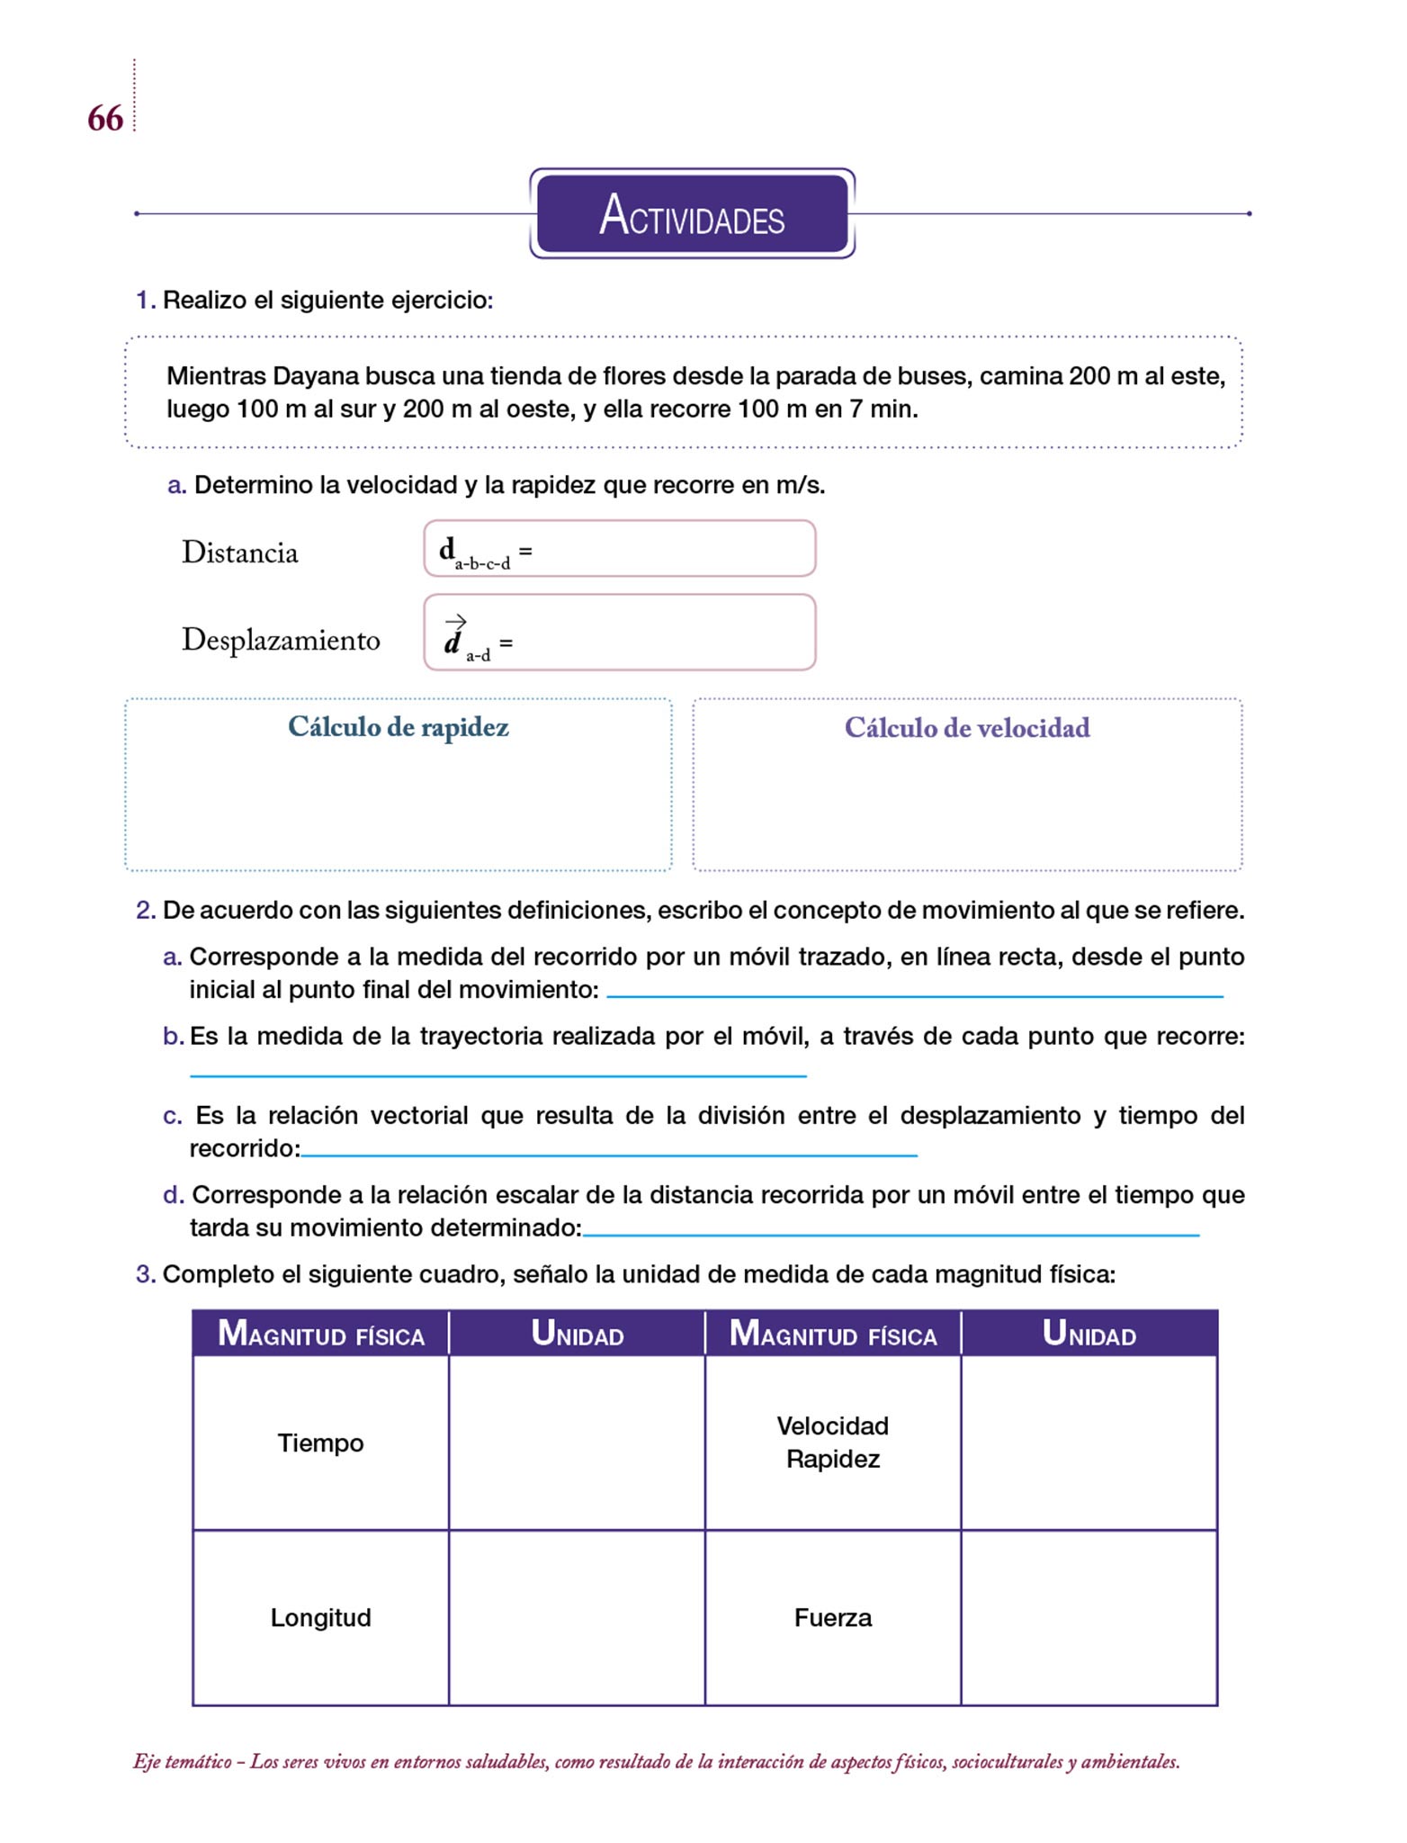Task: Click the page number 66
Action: pos(105,119)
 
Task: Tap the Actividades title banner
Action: pos(692,214)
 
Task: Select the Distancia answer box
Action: pos(620,548)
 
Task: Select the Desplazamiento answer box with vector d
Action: pos(620,633)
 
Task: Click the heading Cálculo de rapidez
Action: pos(399,727)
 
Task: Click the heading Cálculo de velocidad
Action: pos(967,728)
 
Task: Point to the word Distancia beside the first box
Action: pos(239,553)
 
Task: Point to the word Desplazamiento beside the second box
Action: pos(281,640)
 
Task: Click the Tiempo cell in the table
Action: pos(320,1443)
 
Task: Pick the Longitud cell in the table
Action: pos(320,1617)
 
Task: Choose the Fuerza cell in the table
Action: pos(833,1617)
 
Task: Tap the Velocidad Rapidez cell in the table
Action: pos(833,1442)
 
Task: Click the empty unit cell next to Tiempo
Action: pos(577,1443)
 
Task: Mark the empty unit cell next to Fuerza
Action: pos(1089,1617)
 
